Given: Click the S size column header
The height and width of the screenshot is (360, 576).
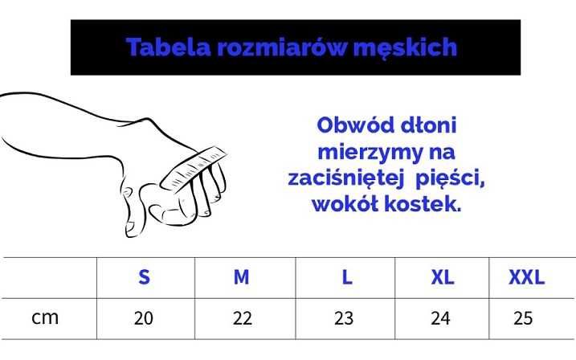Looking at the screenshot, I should (x=144, y=278).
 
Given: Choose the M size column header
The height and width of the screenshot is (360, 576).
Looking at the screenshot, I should (x=241, y=278).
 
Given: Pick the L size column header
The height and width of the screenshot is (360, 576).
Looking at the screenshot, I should (x=346, y=278).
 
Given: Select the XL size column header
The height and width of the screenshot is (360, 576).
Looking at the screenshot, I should (x=442, y=278).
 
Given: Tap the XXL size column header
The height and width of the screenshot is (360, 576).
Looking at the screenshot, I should (x=526, y=278).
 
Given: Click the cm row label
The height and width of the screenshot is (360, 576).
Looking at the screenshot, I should (x=45, y=317).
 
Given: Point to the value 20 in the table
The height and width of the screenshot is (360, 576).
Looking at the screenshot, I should (x=144, y=318).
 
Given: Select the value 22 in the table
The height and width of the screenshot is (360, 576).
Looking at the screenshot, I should (x=242, y=318).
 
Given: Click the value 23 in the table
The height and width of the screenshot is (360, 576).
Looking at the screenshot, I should (x=344, y=318).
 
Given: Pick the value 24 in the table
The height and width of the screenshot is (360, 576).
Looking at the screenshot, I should (x=440, y=318).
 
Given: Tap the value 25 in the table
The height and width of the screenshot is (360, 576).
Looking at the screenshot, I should (x=523, y=318).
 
